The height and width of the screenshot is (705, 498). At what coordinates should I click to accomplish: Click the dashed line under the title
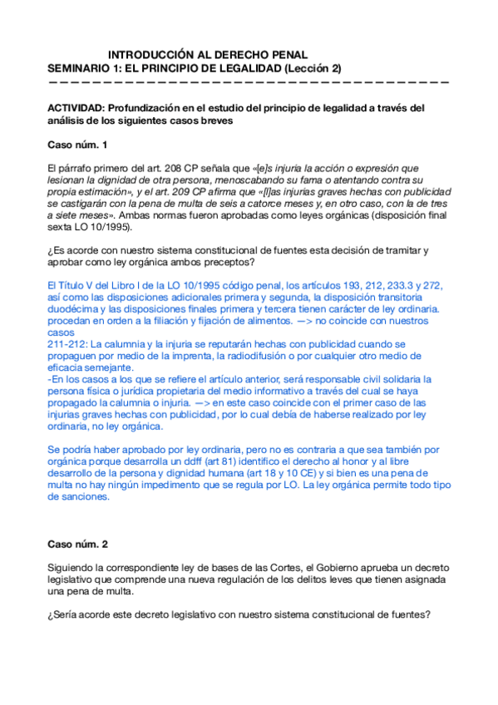pyautogui.click(x=249, y=82)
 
